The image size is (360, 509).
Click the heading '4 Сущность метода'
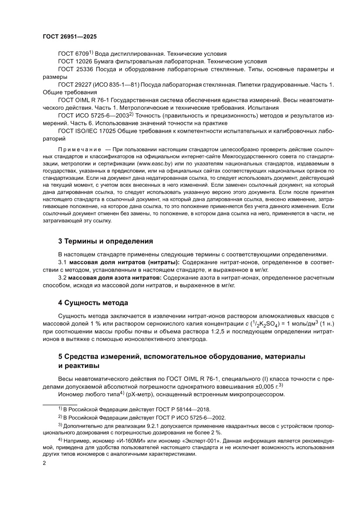click(x=93, y=302)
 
